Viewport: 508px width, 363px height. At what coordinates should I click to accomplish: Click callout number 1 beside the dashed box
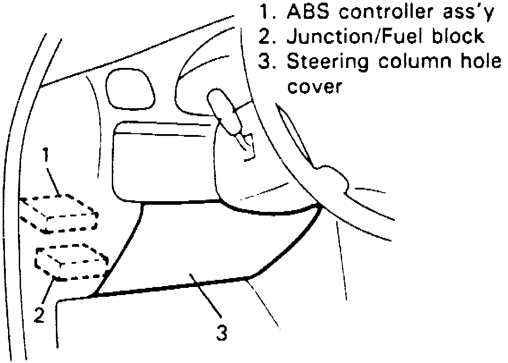pyautogui.click(x=45, y=156)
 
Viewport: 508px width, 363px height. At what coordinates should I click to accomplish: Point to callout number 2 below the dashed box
pyautogui.click(x=40, y=316)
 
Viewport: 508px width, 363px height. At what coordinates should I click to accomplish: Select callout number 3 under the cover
pyautogui.click(x=222, y=332)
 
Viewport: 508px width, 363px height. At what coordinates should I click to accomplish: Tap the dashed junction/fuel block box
pyautogui.click(x=72, y=262)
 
